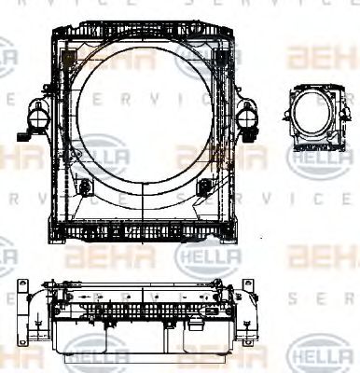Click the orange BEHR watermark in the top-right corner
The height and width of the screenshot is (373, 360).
pos(322,61)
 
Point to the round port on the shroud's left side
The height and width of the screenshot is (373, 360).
pos(39,117)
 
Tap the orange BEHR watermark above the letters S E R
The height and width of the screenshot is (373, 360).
pos(322,253)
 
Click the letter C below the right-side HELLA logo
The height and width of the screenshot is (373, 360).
pos(318,200)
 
